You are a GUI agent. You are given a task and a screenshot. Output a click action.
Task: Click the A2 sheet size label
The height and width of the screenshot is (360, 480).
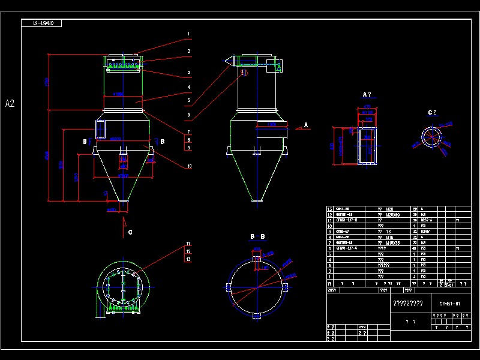[10, 103]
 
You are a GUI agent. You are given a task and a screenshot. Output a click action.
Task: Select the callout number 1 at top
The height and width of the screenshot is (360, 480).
[188, 34]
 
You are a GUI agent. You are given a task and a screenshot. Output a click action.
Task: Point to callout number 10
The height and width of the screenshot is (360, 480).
[188, 166]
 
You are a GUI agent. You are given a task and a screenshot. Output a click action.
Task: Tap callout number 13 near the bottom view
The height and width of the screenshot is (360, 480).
[188, 259]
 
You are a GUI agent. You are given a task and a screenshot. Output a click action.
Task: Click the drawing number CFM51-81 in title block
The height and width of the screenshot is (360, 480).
[449, 304]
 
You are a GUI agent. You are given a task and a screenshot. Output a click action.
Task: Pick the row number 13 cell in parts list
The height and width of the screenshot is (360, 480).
[329, 209]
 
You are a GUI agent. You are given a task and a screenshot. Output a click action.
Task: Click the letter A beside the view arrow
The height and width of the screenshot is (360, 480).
[306, 124]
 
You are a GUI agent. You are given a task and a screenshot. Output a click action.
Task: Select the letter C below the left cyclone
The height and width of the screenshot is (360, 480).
[130, 232]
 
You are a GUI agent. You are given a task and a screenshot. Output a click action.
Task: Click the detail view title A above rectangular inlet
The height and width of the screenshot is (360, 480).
[367, 94]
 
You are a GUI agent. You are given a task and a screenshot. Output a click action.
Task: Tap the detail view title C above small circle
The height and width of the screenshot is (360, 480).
[432, 112]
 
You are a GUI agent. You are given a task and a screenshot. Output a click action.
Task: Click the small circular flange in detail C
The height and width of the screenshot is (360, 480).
[430, 137]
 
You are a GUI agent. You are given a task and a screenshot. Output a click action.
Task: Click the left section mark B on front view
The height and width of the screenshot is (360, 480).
[85, 142]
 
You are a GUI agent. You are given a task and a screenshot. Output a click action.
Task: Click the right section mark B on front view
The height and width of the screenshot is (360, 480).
[163, 142]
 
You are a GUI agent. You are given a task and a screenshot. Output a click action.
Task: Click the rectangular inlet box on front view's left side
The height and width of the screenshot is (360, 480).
[100, 129]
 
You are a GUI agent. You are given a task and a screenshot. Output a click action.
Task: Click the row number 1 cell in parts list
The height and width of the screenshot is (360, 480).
[329, 277]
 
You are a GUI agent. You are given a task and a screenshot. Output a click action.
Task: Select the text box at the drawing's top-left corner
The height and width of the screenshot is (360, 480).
[41, 23]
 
